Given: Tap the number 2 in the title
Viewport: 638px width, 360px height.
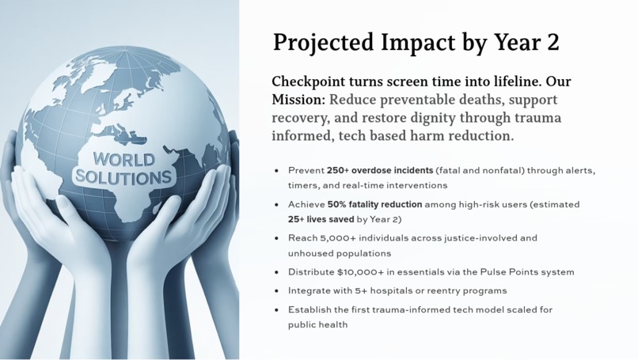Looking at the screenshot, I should click(553, 43).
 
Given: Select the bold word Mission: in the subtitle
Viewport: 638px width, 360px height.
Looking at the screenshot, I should click(298, 100).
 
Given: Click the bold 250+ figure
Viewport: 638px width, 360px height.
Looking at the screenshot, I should click(338, 170).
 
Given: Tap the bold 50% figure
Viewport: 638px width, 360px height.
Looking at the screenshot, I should click(340, 204).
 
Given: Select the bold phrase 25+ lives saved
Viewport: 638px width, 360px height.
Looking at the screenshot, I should click(321, 219).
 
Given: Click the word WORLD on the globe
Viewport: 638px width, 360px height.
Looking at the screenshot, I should click(124, 160).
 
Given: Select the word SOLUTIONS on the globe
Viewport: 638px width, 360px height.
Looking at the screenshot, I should click(123, 176).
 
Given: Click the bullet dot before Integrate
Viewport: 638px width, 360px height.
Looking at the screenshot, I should click(276, 291).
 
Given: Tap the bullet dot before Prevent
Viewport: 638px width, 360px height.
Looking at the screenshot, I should click(276, 171).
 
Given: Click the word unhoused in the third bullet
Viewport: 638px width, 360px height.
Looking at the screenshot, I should click(312, 253).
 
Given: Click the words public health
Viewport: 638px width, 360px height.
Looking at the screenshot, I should click(317, 324).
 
